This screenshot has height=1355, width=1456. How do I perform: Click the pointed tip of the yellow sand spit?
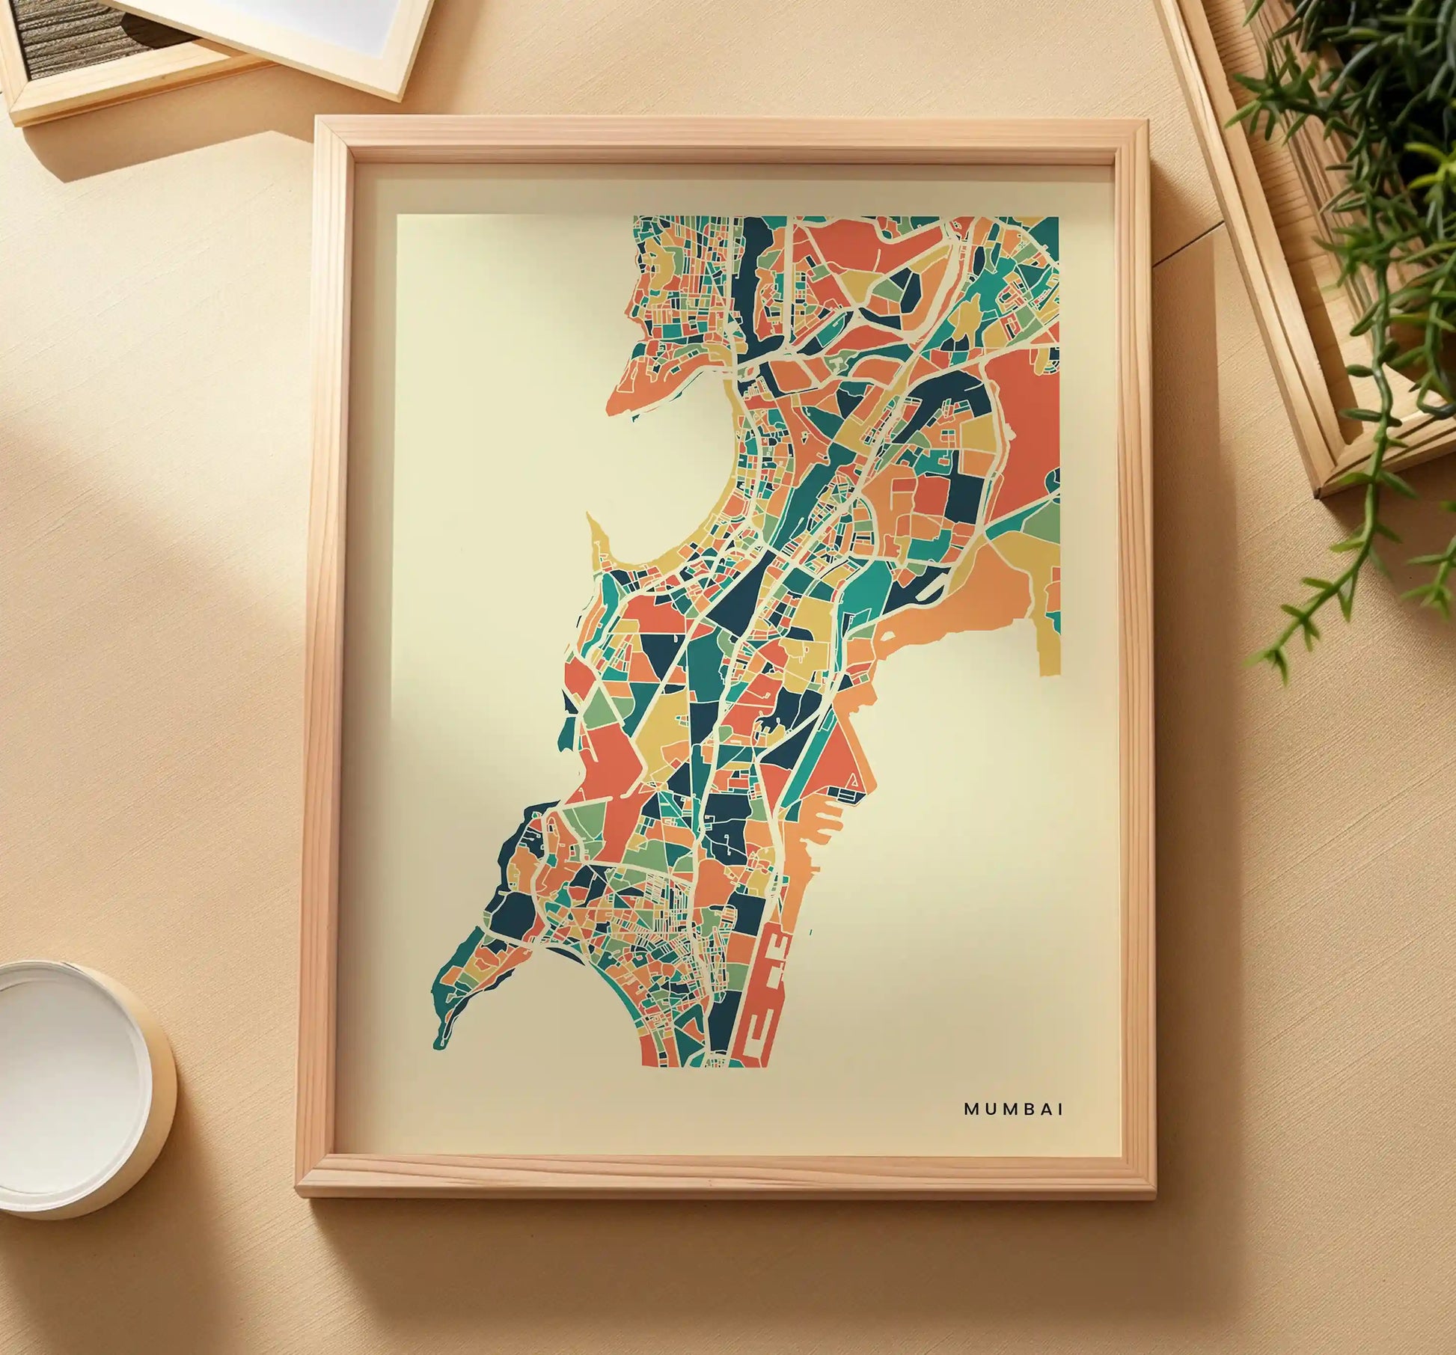point(590,515)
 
